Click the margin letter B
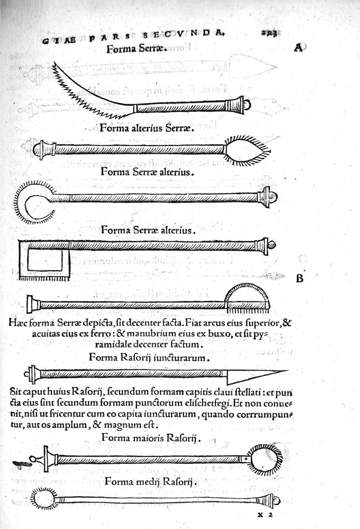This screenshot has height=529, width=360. [x=299, y=279]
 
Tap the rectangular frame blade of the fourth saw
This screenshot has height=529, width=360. [x=45, y=260]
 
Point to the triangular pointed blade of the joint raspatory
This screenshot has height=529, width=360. [x=252, y=374]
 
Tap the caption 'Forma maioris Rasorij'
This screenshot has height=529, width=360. [x=151, y=437]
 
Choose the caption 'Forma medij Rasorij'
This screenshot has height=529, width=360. [x=148, y=483]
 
